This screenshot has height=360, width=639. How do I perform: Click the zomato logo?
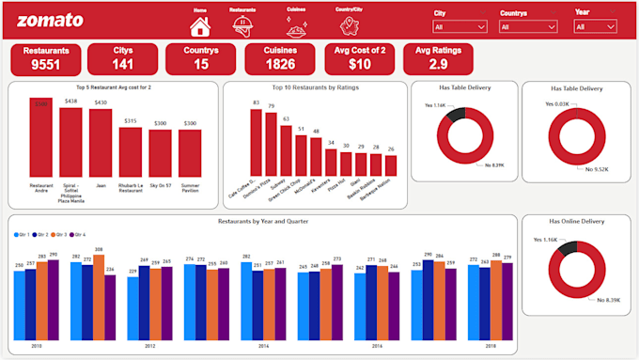click(x=50, y=21)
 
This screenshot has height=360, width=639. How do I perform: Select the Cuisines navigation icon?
click(x=296, y=26)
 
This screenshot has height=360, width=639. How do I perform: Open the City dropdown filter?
click(x=459, y=27)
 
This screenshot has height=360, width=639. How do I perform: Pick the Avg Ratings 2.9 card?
click(x=438, y=59)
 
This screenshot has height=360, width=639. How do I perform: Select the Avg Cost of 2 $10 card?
click(x=360, y=59)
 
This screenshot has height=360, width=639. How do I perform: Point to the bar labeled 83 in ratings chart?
click(x=256, y=142)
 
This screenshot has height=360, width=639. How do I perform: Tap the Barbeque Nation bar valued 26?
click(x=390, y=165)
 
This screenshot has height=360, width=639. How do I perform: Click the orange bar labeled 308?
click(x=99, y=297)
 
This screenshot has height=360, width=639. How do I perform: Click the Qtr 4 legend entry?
click(x=78, y=234)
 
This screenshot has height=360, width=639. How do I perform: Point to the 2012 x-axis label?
click(x=149, y=346)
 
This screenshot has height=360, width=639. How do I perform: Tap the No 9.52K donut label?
click(x=597, y=169)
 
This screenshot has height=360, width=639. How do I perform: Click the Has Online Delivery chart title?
click(x=576, y=222)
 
